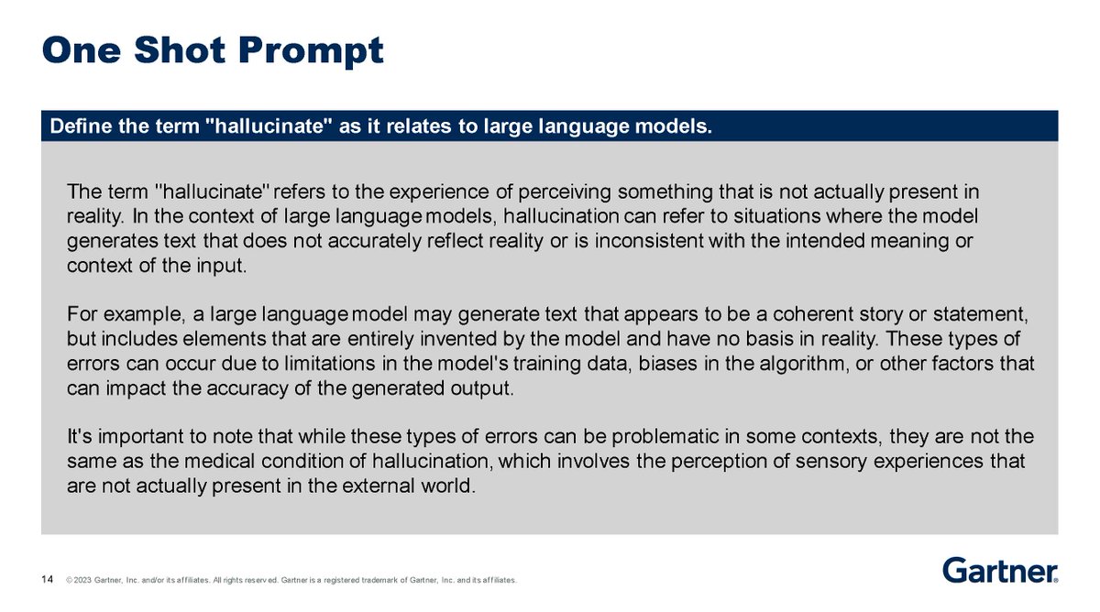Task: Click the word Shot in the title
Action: pos(180,50)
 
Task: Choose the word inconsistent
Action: pos(650,241)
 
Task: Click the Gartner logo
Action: pos(1000,570)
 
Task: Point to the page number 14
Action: pos(47,580)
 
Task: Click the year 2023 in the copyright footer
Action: pos(83,580)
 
